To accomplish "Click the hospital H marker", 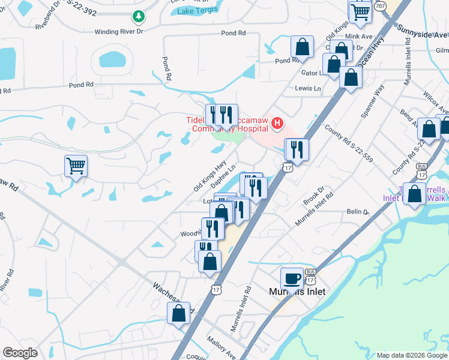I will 277,124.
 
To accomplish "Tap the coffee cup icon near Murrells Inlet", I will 292,278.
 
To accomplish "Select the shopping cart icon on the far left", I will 76,166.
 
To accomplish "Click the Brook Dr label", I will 313,197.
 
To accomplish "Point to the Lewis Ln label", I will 308,88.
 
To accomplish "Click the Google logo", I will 20,353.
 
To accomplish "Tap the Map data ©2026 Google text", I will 411,355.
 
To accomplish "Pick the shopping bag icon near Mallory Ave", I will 179,313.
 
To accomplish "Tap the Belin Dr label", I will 356,211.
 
